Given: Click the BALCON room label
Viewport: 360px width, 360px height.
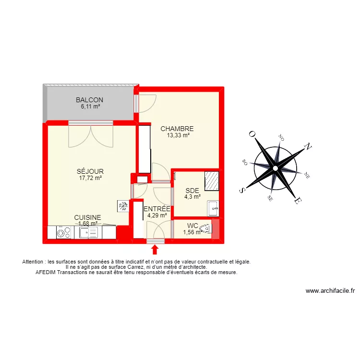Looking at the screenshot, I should click(x=89, y=100).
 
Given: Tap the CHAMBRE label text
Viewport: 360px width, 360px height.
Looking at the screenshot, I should click(x=177, y=129).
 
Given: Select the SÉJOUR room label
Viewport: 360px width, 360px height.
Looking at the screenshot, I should click(x=90, y=171).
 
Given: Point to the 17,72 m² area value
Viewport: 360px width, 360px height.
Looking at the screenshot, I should click(x=90, y=178).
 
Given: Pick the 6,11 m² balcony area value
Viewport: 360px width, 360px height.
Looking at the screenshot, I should click(x=90, y=107).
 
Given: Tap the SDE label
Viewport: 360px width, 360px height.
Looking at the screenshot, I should click(x=192, y=191).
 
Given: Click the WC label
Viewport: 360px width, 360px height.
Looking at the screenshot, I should click(x=192, y=226).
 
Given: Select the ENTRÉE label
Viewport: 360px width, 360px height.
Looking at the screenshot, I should click(x=157, y=209).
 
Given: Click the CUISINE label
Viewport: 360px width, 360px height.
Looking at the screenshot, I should click(x=87, y=217).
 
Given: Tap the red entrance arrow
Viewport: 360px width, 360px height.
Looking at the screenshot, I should click(x=155, y=250).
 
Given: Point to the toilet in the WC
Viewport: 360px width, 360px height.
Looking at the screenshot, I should click(x=205, y=229).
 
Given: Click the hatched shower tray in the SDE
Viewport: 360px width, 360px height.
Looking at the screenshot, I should click(x=212, y=180).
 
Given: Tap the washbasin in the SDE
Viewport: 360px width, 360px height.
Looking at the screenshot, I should click(x=213, y=208).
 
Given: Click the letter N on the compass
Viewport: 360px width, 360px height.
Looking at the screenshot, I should click(x=309, y=147).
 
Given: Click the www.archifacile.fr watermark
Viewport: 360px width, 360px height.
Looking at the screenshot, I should click(x=330, y=291).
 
